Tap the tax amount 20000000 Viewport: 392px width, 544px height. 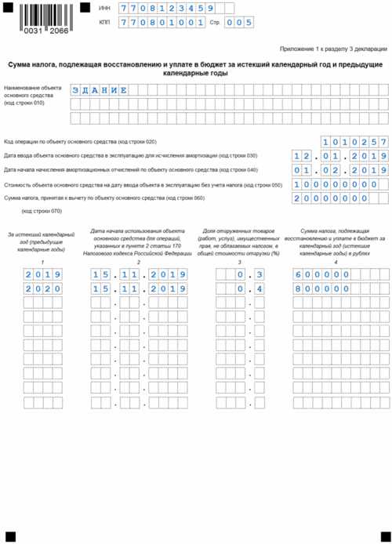point(330,198)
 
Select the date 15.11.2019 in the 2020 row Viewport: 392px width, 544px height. point(137,289)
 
